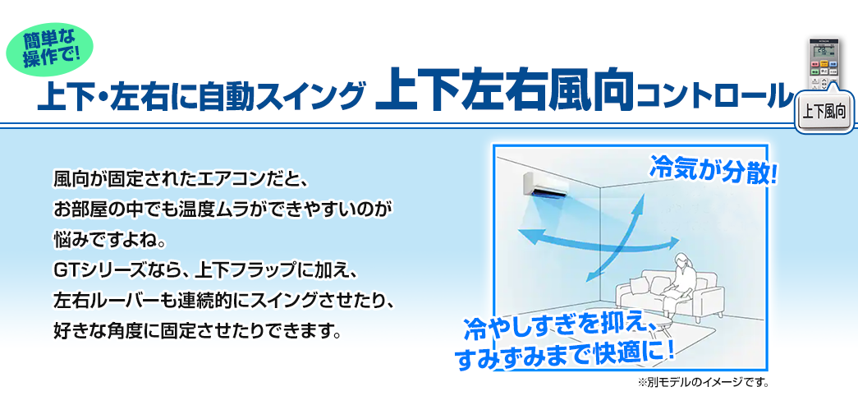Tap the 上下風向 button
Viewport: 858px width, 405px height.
824,113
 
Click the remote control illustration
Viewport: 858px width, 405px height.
824,65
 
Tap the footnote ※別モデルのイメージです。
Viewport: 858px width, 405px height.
703,381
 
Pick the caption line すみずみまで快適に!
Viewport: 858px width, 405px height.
564,356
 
